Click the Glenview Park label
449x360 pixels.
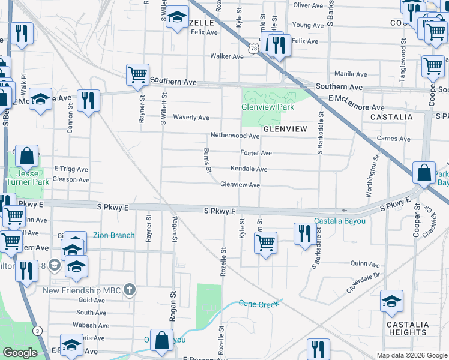tap(267, 107)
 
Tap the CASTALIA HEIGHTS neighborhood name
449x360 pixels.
tap(408, 328)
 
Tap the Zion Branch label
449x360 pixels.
tap(113, 235)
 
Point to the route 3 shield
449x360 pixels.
tap(37, 331)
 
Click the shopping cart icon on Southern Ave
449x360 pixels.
tap(137, 75)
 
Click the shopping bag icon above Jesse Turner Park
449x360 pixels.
tap(27, 157)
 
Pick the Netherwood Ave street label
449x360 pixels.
tap(234, 136)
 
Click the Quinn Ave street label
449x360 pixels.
tap(366, 264)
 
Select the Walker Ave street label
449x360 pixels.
tap(226, 56)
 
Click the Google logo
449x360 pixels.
tap(20, 352)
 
